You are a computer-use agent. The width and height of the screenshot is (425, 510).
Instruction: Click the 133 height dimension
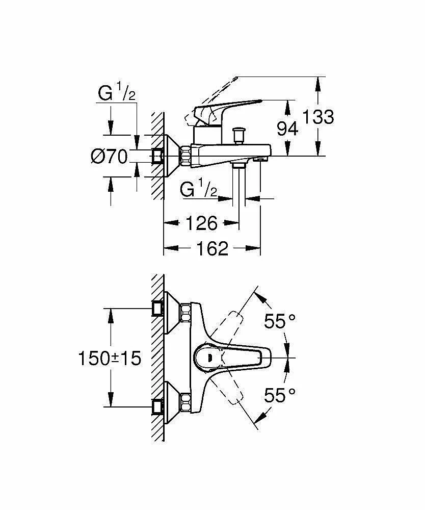tap(318, 117)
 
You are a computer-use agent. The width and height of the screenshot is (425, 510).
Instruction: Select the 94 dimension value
tap(287, 129)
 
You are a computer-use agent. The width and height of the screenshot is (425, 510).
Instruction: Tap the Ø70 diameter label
tap(109, 157)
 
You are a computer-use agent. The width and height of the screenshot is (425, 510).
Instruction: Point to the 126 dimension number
tap(201, 223)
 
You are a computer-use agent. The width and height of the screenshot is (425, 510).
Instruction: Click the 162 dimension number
tap(212, 248)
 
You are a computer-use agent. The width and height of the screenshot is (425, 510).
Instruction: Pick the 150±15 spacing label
tap(110, 358)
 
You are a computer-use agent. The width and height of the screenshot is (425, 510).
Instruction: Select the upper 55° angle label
tap(280, 321)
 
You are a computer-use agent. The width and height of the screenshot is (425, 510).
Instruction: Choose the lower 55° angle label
tap(280, 395)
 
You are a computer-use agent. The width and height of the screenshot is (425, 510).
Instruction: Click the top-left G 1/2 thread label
tap(117, 92)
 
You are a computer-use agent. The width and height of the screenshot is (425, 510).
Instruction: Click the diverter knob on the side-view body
tap(239, 135)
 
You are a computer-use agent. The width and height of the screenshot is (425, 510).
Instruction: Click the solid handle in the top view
tap(232, 358)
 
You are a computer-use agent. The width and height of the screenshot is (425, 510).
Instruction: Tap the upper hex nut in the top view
tap(185, 313)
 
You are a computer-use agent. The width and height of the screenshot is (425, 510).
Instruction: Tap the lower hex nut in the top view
tap(185, 403)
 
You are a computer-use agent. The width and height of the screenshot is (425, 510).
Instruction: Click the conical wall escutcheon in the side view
tap(172, 156)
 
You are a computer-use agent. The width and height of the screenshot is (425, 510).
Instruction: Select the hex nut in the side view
tap(186, 156)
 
